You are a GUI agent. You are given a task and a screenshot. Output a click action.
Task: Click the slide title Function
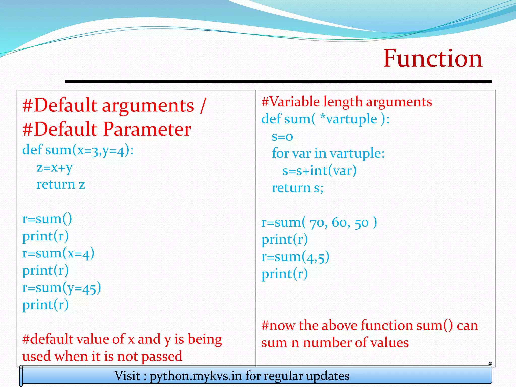pos(433,58)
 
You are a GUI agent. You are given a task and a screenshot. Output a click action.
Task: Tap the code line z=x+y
pos(55,168)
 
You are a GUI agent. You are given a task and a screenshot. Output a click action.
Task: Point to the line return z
pos(61,185)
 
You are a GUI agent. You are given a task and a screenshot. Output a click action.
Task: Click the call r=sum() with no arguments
pos(47,219)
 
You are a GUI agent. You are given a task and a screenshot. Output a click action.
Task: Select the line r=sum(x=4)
pos(58,253)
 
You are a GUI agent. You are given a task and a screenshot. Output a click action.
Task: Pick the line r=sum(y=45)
pos(61,288)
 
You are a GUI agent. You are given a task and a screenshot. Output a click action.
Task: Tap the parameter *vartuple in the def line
pos(348,119)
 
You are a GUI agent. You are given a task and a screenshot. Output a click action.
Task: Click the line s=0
pos(282,136)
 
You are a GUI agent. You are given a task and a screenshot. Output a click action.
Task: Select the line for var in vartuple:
pos(328,153)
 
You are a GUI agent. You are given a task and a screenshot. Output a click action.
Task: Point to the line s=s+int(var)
pos(319,171)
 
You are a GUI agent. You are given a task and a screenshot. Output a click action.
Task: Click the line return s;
pos(298,188)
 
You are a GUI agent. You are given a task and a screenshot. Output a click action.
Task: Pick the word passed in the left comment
pos(162,357)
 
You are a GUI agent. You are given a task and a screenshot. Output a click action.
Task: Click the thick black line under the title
pos(278,81)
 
